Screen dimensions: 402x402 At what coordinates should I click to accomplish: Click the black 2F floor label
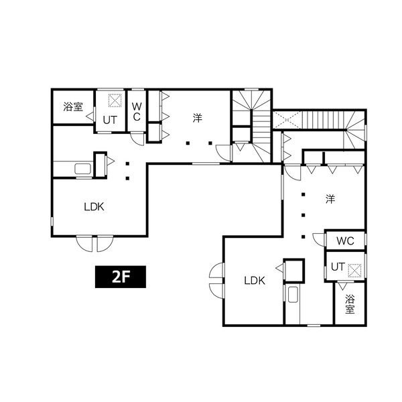(121, 277)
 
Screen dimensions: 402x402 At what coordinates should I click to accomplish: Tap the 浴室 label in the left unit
(73, 107)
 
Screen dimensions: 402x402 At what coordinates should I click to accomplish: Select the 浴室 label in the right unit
(350, 304)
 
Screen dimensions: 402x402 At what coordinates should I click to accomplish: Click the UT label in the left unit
(110, 120)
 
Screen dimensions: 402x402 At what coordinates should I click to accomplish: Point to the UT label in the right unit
(338, 267)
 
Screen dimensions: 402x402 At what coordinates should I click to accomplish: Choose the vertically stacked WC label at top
(137, 112)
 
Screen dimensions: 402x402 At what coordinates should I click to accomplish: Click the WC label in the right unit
(345, 241)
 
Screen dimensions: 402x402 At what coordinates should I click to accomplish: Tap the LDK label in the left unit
(94, 206)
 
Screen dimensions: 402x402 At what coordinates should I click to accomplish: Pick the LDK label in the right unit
(255, 281)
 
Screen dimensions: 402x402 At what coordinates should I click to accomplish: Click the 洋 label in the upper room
(198, 118)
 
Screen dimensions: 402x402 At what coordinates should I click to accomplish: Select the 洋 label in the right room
(330, 199)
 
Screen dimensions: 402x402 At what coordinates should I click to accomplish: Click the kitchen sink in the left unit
(83, 169)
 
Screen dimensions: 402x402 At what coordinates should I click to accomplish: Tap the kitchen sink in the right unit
(293, 294)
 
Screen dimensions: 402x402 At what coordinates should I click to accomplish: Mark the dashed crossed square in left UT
(115, 100)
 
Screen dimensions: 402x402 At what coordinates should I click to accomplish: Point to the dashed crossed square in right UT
(355, 271)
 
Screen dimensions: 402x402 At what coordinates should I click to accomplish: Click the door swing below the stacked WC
(137, 139)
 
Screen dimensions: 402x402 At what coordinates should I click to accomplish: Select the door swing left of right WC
(319, 240)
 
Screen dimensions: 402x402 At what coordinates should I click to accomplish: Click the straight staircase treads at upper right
(323, 119)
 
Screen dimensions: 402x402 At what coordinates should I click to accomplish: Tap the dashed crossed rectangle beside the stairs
(287, 119)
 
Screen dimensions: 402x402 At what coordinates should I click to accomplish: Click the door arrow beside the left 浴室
(90, 117)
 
